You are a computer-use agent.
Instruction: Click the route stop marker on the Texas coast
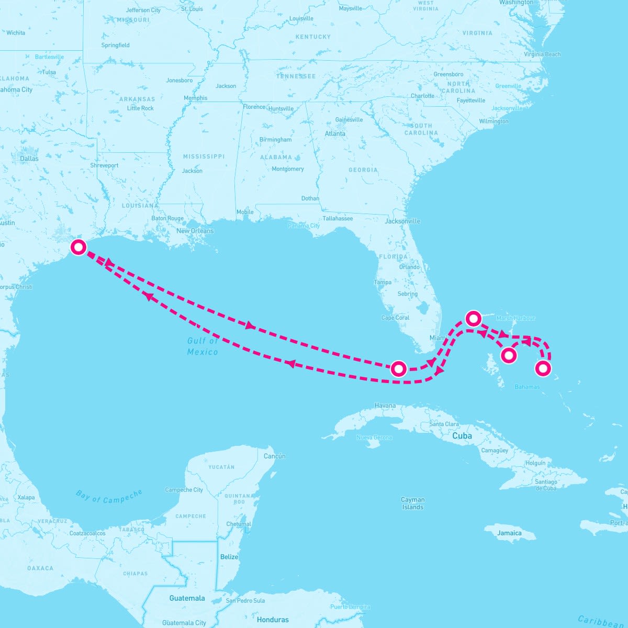[x=78, y=247]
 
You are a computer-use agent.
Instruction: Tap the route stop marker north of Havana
[x=399, y=368]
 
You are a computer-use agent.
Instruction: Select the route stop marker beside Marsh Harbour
[x=473, y=318]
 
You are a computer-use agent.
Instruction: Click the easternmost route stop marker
[x=543, y=368]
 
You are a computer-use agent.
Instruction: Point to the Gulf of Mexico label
[x=203, y=346]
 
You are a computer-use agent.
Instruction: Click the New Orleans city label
[x=195, y=231]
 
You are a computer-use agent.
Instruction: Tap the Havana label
[x=385, y=406]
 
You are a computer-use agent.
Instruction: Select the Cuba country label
[x=462, y=435]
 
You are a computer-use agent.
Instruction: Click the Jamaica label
[x=509, y=533]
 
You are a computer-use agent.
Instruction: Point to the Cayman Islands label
[x=413, y=503]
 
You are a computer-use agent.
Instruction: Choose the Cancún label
[x=275, y=456]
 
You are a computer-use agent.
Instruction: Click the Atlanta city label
[x=335, y=133]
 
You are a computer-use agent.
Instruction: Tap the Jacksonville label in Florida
[x=402, y=221]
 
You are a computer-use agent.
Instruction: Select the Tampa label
[x=383, y=282]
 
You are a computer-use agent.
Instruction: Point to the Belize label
[x=229, y=556]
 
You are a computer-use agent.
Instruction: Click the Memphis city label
[x=195, y=98]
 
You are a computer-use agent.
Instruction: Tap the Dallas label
[x=29, y=159]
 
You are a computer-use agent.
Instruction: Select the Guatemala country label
[x=187, y=598]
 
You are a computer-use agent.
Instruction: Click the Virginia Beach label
[x=542, y=54]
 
